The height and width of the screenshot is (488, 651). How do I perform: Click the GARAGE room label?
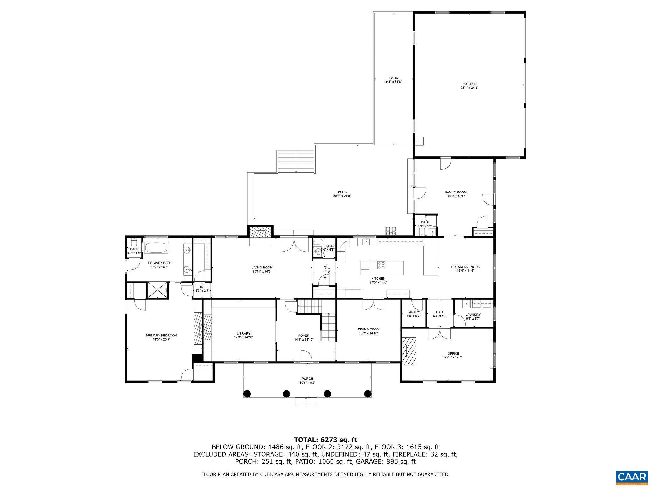pos(469,84)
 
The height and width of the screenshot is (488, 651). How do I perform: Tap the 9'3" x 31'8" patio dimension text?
pos(394,82)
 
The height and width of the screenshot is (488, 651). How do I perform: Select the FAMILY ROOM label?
pos(456,192)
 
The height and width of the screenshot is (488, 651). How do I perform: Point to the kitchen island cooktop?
pos(381,265)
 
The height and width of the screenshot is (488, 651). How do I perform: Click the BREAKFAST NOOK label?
pos(465,267)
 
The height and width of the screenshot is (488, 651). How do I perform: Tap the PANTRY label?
pos(413,312)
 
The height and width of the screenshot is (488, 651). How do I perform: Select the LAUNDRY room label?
pos(473,315)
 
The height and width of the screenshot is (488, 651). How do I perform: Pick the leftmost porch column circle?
pos(247,394)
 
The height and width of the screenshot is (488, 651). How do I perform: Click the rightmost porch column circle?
pos(367,394)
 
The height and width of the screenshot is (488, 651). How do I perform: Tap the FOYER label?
pos(304,335)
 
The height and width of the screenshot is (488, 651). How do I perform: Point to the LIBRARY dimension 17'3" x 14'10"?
pos(243,337)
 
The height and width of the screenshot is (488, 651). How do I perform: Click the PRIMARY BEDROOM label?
pos(161,335)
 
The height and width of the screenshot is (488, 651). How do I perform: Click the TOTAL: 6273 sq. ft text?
pos(325,440)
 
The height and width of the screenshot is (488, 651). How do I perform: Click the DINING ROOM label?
pos(368,329)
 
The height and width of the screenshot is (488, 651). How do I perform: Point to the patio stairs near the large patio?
pos(296,161)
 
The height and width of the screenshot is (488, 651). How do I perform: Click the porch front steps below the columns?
pos(306,402)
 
